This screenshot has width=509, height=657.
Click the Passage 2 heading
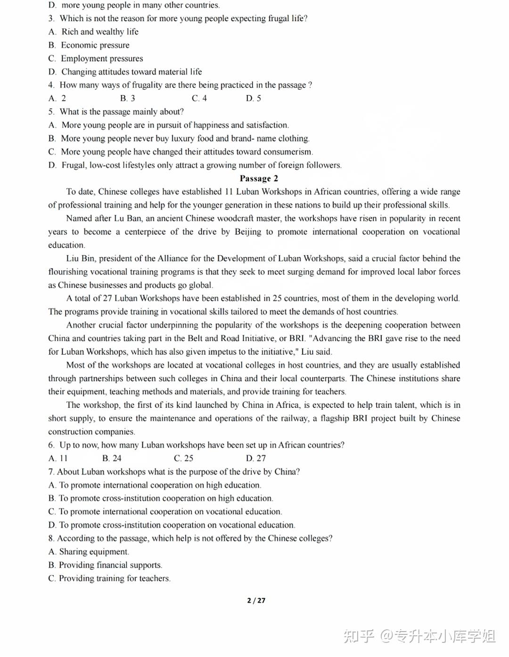(x=259, y=178)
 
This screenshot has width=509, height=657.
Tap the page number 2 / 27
(x=256, y=600)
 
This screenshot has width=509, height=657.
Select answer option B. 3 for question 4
(x=127, y=98)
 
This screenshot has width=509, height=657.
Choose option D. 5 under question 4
(x=253, y=98)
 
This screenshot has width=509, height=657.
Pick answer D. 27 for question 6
(x=255, y=458)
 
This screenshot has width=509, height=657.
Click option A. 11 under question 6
(x=58, y=458)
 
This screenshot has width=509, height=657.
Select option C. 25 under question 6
(x=183, y=458)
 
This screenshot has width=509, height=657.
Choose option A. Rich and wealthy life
(x=93, y=32)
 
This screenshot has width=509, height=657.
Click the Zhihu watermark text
(x=419, y=636)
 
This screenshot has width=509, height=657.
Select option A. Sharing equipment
(x=89, y=552)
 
